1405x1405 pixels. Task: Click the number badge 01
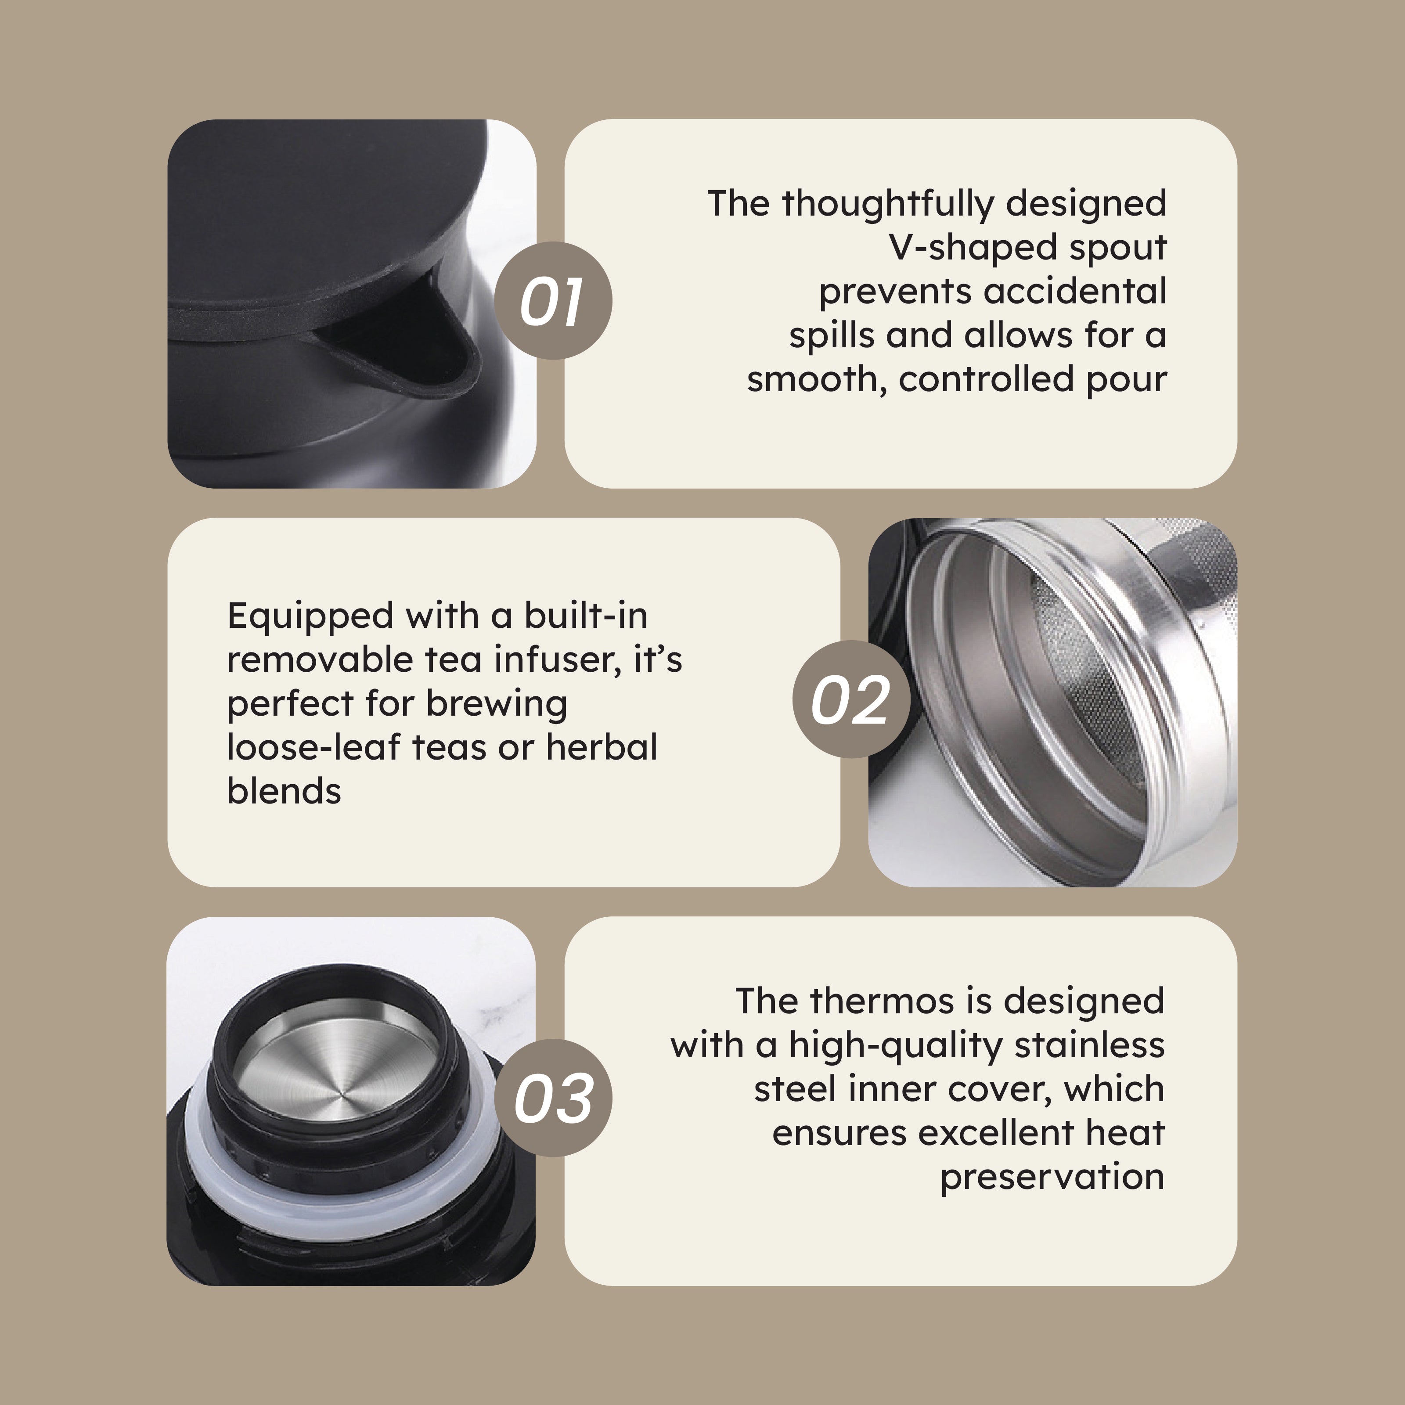pos(553,300)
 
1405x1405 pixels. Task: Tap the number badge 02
pos(851,699)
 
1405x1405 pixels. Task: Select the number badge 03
pos(553,1098)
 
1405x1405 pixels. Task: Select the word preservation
pos(1052,1178)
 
